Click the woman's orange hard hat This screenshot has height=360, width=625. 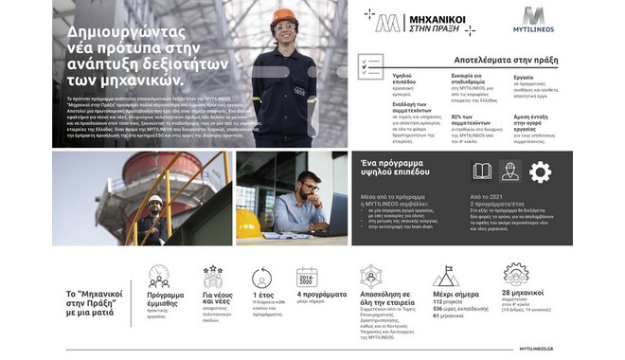click(x=282, y=16)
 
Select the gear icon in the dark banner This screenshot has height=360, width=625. click(x=540, y=171)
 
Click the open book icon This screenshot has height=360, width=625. click(x=482, y=171)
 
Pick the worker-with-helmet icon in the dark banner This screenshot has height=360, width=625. click(x=509, y=171)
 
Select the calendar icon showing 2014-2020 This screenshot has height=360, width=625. click(x=306, y=277)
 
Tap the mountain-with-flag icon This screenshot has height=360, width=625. click(x=446, y=276)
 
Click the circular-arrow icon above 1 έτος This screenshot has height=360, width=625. click(x=262, y=276)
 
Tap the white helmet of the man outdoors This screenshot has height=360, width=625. click(x=155, y=200)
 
